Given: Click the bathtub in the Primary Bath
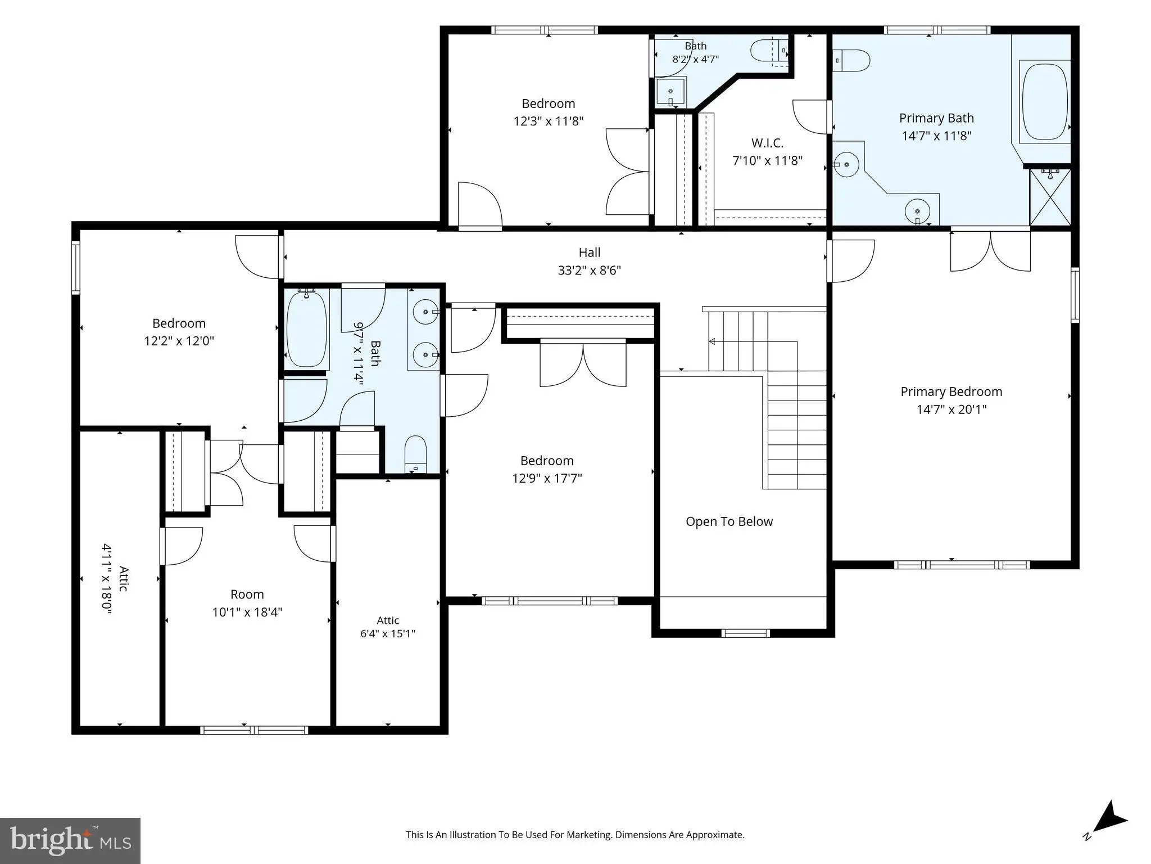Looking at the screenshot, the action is [1045, 102].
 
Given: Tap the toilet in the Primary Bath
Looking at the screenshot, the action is [851, 60].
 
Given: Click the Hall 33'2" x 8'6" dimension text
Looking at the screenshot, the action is [589, 271].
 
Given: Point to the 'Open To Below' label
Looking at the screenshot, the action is [729, 521].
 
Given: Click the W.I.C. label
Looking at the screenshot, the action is [767, 143].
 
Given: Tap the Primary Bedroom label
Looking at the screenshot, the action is [951, 391].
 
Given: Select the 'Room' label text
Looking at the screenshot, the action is [247, 595].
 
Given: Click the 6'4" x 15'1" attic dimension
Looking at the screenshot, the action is [388, 634].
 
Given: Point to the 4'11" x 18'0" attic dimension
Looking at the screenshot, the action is [107, 579].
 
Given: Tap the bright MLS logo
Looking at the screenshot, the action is [70, 841].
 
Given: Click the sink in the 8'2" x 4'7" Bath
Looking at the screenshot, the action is [670, 93].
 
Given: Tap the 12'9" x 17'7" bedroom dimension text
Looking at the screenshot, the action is [547, 479].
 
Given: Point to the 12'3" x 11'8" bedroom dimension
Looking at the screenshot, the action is [549, 121].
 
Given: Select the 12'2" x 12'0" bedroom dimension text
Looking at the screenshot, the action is [179, 341].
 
